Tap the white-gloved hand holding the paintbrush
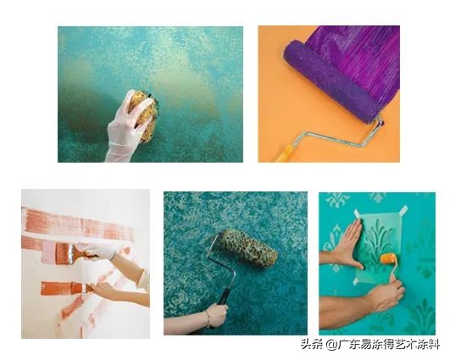coord(97,252)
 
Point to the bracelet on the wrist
coord(206,319)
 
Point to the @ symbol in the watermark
coord(317,343)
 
